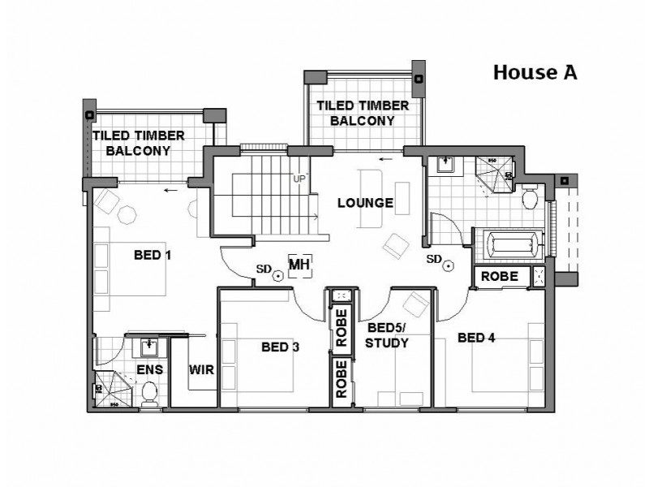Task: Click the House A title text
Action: pos(535,72)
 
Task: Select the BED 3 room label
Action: pos(281,347)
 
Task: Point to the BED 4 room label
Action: pos(476,337)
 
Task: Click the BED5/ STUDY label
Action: pos(387,335)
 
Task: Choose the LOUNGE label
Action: pos(365,203)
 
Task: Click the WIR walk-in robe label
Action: pos(201,370)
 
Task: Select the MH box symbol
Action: pos(299,265)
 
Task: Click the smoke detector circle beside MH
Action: pos(277,276)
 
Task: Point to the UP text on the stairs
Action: pos(299,179)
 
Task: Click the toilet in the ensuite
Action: pos(148,394)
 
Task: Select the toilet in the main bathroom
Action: pos(530,197)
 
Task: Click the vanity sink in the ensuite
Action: pos(148,348)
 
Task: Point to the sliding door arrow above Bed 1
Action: pos(170,192)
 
